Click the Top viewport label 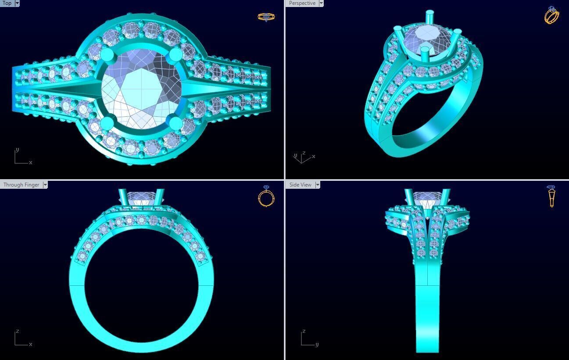(7, 3)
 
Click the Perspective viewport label (302, 3)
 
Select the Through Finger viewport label (21, 185)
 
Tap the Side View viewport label (301, 185)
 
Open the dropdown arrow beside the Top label (17, 3)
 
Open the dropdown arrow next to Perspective (321, 3)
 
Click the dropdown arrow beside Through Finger (45, 185)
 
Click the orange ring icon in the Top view (266, 17)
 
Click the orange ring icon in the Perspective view (551, 15)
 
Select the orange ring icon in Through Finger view (266, 196)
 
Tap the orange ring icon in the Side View (551, 196)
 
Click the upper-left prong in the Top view (107, 55)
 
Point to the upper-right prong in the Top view (175, 54)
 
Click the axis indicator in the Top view (22, 157)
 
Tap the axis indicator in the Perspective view (303, 157)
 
